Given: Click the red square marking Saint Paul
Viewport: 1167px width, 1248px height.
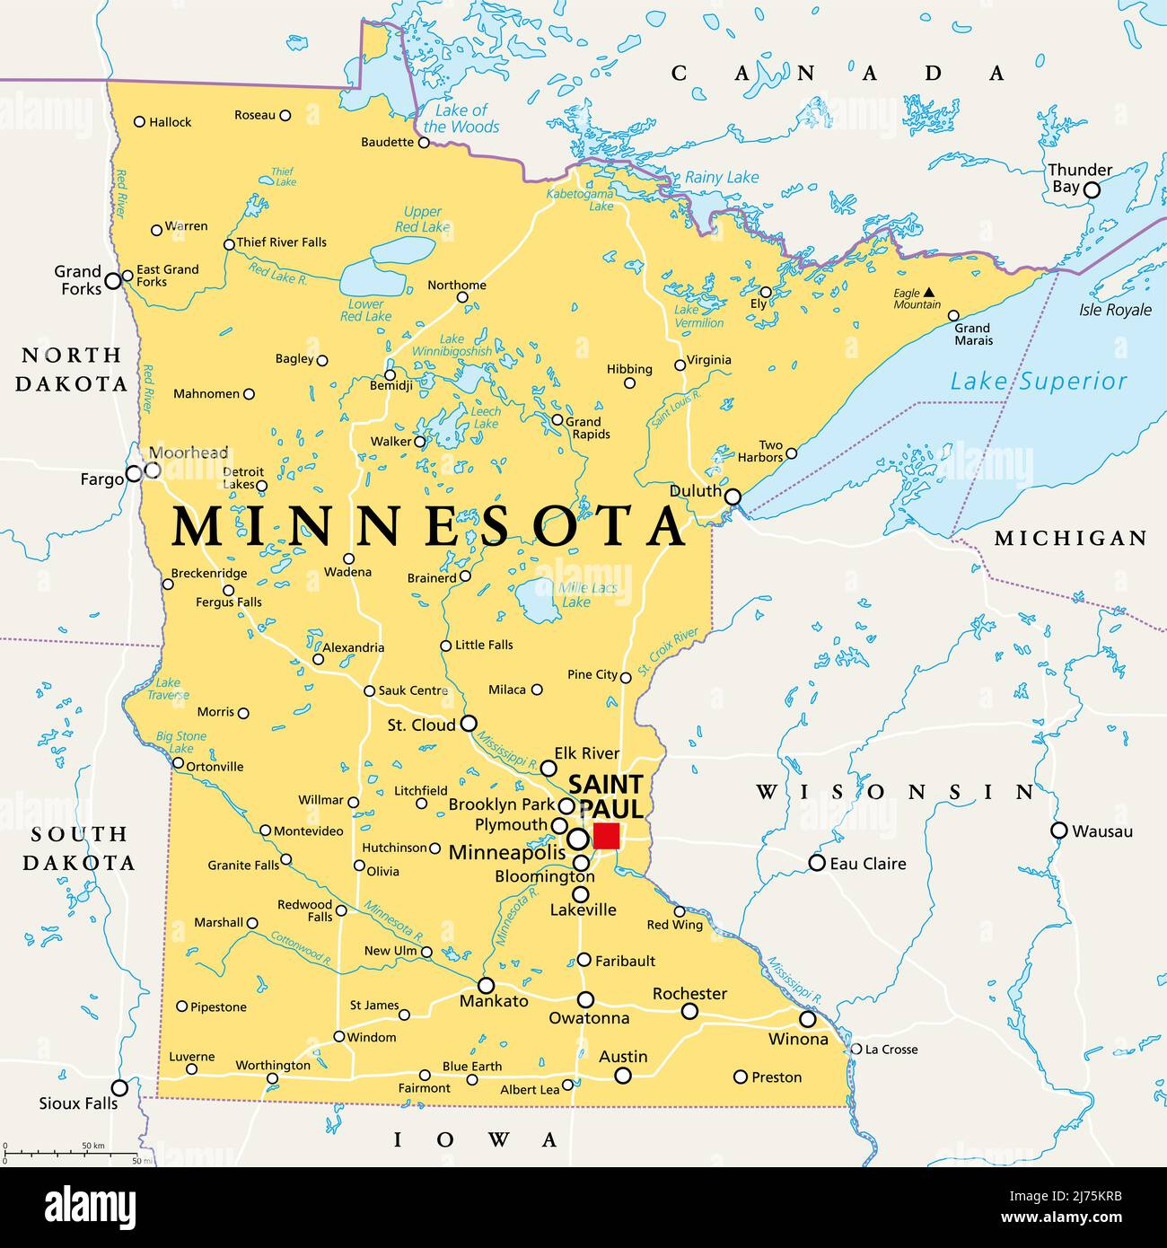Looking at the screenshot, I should tap(607, 836).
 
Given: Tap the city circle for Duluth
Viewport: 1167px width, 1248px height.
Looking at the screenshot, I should tap(733, 497).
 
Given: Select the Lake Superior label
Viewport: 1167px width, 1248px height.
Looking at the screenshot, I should tap(1038, 382).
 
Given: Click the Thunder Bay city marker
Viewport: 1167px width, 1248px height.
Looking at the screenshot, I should tap(1092, 189).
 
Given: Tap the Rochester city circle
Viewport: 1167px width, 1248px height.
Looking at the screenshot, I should tap(689, 1011).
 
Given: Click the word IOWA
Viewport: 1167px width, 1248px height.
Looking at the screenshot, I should tap(477, 1140).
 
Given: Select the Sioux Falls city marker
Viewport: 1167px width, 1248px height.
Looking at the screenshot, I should tap(119, 1087).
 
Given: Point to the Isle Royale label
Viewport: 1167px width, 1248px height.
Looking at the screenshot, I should tap(1115, 310).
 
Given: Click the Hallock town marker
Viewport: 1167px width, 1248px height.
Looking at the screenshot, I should tap(139, 121).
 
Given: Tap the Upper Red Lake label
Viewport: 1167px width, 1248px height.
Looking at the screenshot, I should tap(422, 219).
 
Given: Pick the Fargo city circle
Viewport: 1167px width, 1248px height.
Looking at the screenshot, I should tap(133, 473).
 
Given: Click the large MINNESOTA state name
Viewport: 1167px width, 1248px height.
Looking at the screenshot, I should tap(427, 528).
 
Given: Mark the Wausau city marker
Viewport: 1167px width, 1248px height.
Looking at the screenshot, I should tap(1059, 831).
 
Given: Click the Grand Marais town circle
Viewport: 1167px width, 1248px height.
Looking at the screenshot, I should tap(953, 315).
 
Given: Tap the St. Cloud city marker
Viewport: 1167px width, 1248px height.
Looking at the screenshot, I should tap(469, 723).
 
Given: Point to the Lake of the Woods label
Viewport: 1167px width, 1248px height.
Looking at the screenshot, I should tap(460, 119).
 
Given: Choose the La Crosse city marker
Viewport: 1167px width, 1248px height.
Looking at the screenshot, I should tap(856, 1048).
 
